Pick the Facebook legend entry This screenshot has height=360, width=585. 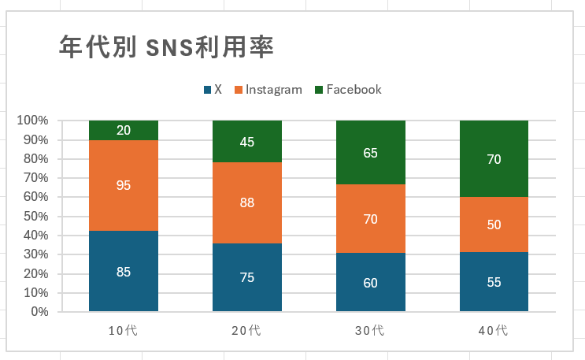348,90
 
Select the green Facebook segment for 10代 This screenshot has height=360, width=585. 124,130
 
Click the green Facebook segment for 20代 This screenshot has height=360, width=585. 247,142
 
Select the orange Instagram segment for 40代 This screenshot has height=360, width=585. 494,225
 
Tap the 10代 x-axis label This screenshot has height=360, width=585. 124,331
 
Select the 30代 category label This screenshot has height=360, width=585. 371,331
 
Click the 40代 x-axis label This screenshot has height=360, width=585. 494,331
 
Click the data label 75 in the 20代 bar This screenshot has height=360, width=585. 247,277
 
